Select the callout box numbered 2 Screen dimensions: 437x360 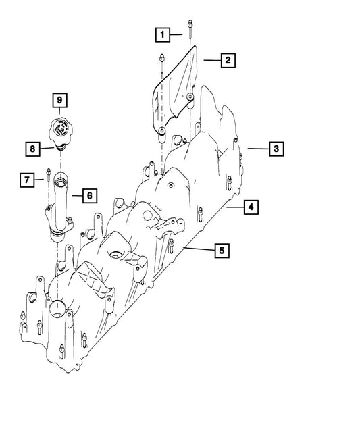pyautogui.click(x=228, y=61)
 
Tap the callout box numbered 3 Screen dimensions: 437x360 pyautogui.click(x=276, y=148)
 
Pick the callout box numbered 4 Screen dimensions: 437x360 pyautogui.click(x=250, y=207)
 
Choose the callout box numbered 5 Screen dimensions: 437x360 pyautogui.click(x=221, y=251)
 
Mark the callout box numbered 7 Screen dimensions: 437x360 pyautogui.click(x=26, y=180)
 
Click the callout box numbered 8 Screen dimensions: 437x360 pyautogui.click(x=32, y=148)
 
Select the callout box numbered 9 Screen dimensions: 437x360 pyautogui.click(x=59, y=101)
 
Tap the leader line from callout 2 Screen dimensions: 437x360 pyautogui.click(x=210, y=61)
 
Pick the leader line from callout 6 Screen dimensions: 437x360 pyautogui.click(x=76, y=197)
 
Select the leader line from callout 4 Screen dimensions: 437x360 pyautogui.click(x=234, y=207)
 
